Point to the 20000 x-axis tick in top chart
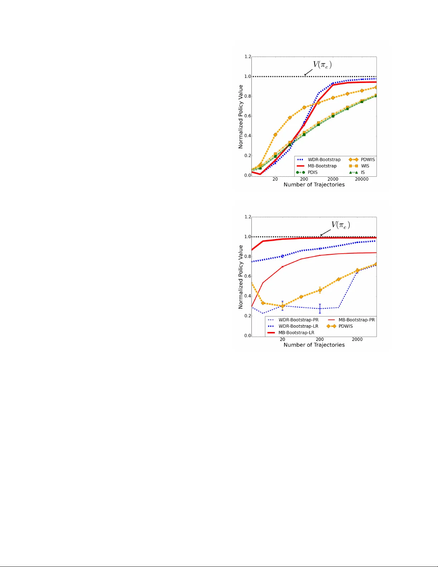point(361,179)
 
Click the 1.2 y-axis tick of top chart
point(247,57)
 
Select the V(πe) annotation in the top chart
point(322,65)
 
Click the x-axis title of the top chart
point(314,185)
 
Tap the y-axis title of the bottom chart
point(241,277)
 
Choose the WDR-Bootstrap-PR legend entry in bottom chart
point(298,320)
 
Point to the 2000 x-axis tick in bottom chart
point(357,339)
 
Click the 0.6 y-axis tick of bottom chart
point(247,276)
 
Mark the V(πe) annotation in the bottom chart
point(340,225)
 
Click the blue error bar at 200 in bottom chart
point(320,308)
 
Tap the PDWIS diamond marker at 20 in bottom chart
point(282,306)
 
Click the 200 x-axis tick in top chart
point(304,179)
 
